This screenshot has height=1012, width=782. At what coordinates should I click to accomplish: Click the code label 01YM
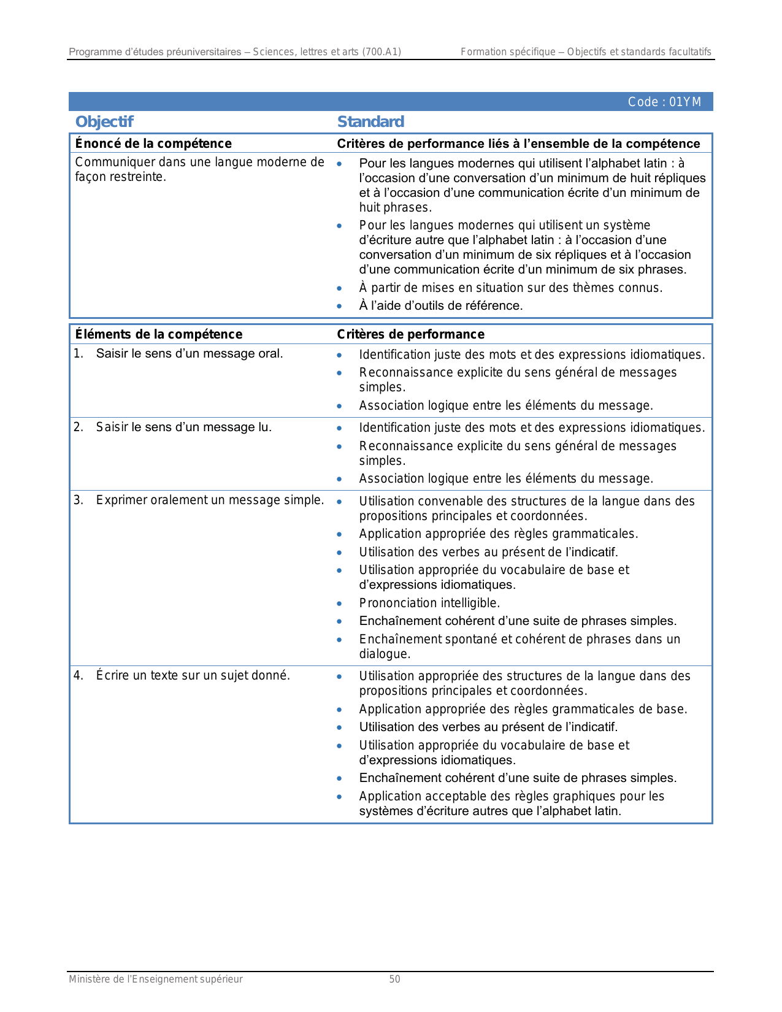pos(664,102)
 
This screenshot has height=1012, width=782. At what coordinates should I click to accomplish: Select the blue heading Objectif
pos(104,121)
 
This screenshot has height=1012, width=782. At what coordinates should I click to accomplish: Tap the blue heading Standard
pos(370,121)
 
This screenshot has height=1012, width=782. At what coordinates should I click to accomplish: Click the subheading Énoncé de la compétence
pos(153,144)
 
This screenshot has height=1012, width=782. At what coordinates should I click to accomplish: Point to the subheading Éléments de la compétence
pos(158,334)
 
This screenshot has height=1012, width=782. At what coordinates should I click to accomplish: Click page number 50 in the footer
pos(394,979)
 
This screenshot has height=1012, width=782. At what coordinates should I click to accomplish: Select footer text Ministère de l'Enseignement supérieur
pos(156,979)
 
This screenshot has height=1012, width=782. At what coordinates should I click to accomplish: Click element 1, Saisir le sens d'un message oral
pos(189,354)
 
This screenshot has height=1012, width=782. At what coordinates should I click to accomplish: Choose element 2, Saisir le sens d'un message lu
pos(183,427)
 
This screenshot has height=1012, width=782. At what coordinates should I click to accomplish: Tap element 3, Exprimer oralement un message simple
pos(209,500)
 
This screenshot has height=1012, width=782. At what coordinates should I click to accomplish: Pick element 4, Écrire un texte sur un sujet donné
pos(193,675)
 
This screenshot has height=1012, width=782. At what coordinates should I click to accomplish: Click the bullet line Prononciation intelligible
pos(429,603)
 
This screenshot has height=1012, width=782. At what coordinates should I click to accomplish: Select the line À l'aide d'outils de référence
pos(440,305)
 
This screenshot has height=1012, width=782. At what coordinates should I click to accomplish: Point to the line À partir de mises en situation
pos(510,288)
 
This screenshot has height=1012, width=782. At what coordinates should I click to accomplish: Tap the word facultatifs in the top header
pos(689,52)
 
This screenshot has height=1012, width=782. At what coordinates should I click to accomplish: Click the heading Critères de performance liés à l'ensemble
pos(518,144)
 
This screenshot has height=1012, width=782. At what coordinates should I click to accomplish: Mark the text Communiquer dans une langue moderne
pos(199,163)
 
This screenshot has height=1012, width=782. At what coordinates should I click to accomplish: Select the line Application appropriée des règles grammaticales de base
pos(523,709)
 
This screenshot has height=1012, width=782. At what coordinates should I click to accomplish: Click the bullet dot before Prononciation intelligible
pos(339,604)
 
